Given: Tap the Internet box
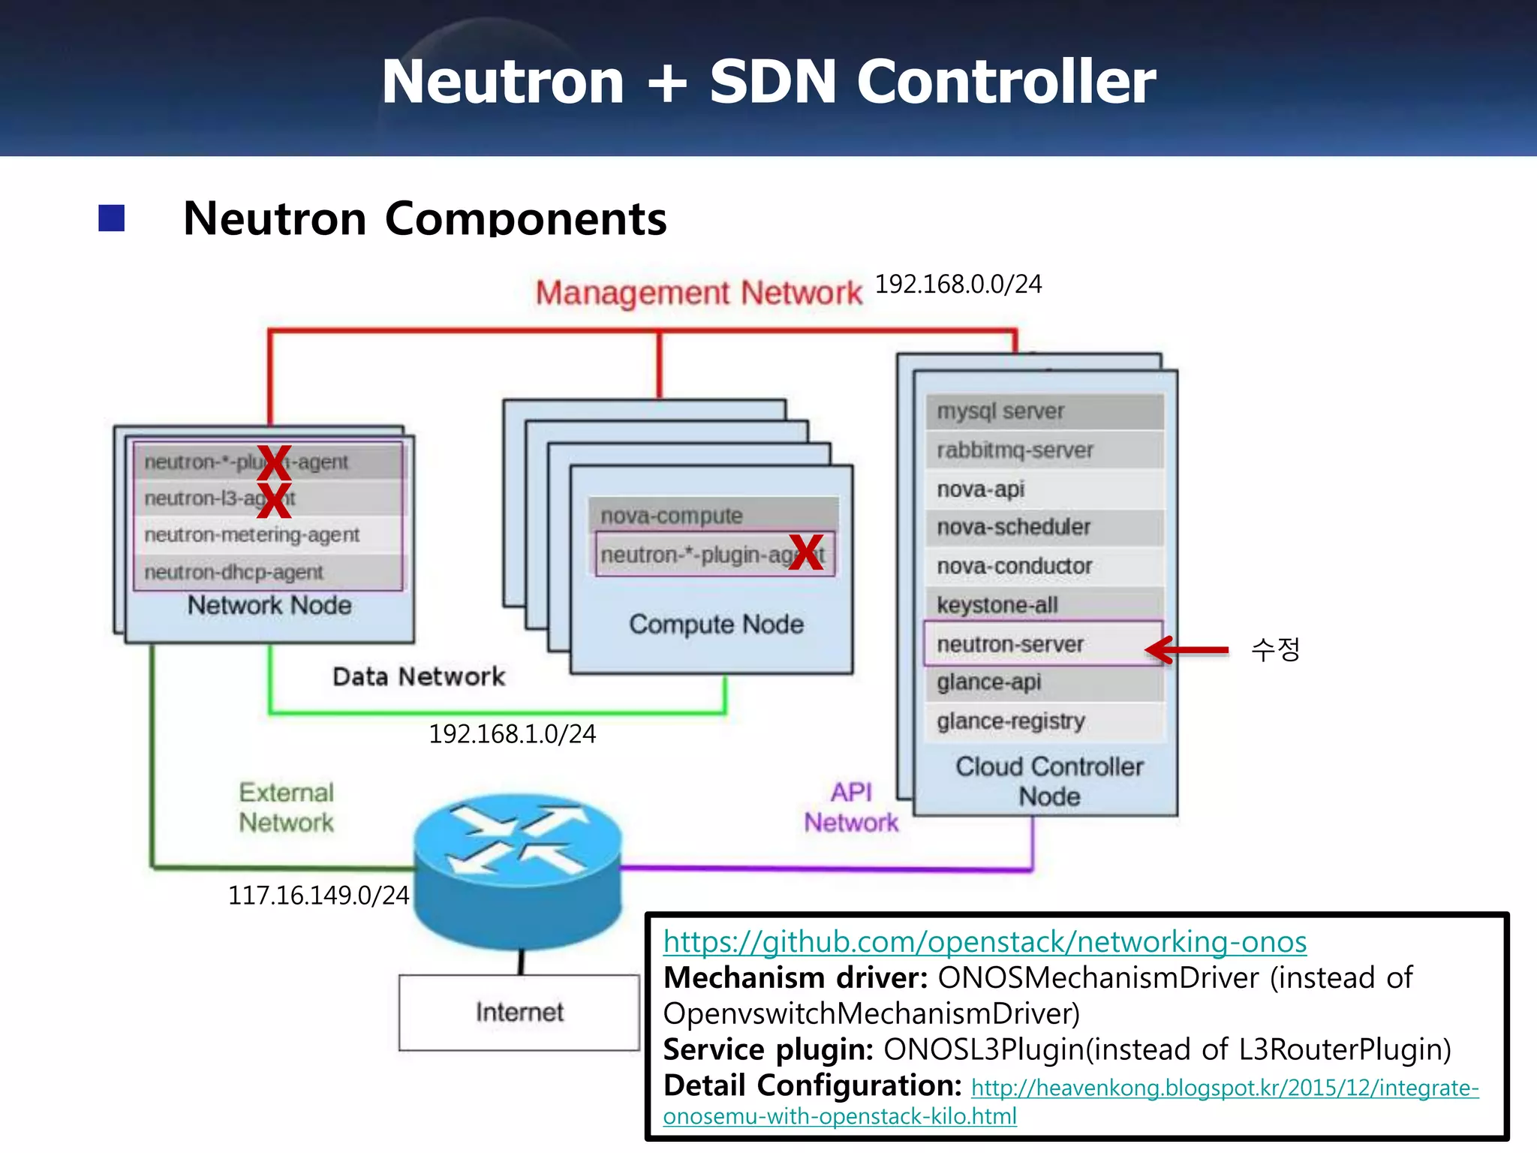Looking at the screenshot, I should (x=519, y=1012).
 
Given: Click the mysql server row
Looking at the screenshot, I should (x=1043, y=411).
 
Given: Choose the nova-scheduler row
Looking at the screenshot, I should (x=1043, y=527).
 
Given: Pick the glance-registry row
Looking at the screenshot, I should (x=1043, y=721).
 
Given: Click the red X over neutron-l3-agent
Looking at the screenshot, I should (x=274, y=500).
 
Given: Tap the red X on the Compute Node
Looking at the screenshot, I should (x=806, y=552).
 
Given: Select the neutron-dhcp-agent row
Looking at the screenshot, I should (x=267, y=572).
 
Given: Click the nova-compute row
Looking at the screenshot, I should (x=713, y=515).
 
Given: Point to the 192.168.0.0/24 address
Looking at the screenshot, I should (x=958, y=284).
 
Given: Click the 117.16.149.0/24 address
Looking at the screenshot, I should (x=318, y=896).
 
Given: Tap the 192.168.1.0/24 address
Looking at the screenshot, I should (x=512, y=734).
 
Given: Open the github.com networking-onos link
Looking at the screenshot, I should (x=985, y=942).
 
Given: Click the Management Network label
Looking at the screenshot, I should (x=698, y=293).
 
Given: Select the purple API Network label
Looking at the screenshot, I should (x=851, y=808).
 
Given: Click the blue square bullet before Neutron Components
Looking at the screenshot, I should (x=112, y=218).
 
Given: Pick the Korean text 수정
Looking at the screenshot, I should (x=1274, y=649).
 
